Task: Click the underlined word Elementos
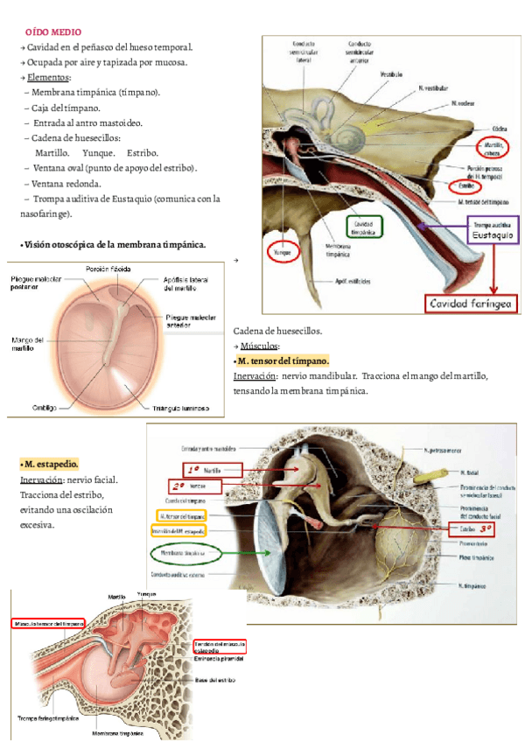[50, 77]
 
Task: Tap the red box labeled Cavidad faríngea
[472, 304]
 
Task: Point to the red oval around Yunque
[283, 252]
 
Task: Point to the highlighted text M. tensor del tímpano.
[283, 360]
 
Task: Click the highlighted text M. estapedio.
[50, 464]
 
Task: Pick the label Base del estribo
[213, 681]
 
